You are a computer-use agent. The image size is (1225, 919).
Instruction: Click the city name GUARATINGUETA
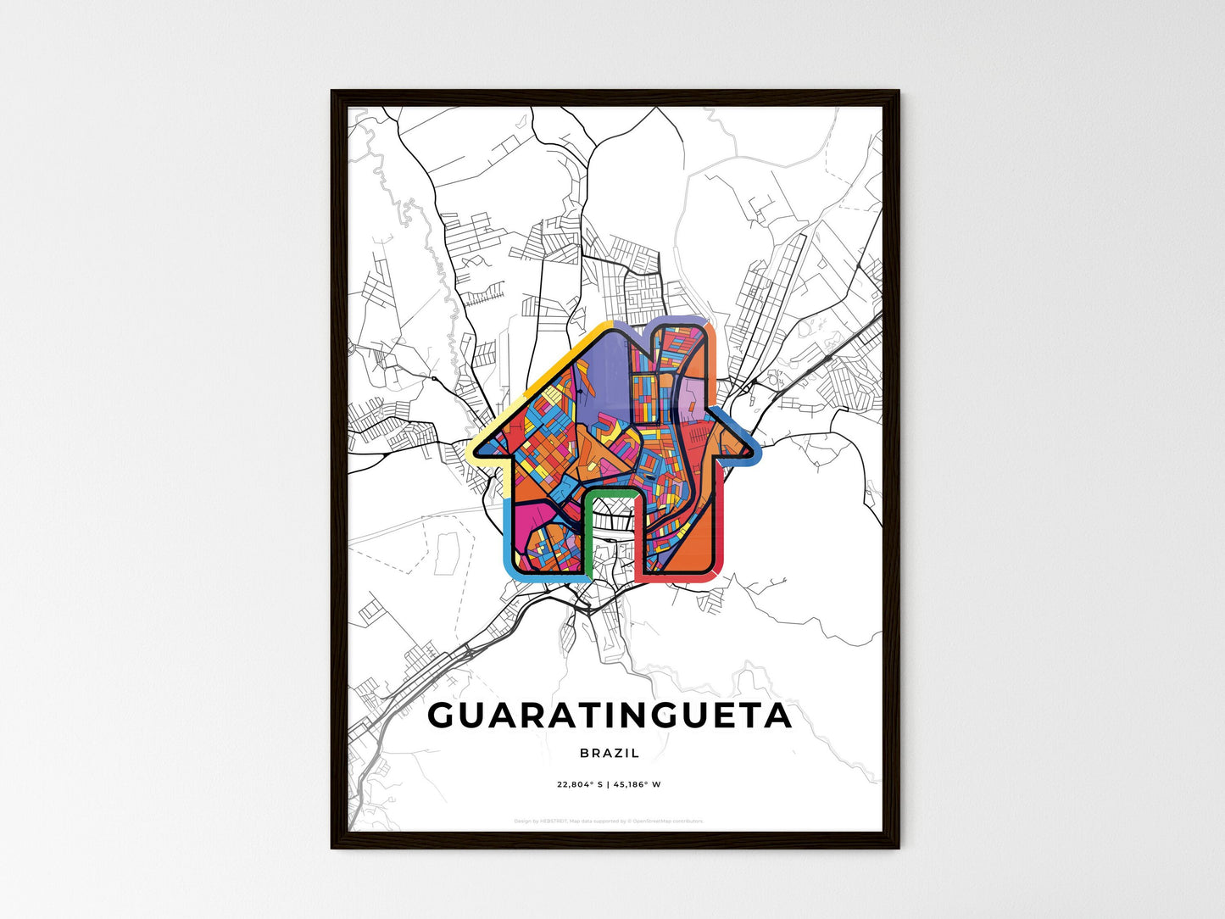coord(610,716)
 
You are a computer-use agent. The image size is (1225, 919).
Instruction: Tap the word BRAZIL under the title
coord(610,753)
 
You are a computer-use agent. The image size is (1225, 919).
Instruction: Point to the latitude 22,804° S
coord(580,784)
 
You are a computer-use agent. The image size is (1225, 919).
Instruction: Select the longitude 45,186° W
coord(636,784)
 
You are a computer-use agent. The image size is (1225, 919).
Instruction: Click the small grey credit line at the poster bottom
coord(609,821)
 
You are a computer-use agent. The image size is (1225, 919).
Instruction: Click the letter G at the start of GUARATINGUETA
coord(443,716)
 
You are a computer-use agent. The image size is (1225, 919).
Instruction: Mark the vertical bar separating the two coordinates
coord(608,784)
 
